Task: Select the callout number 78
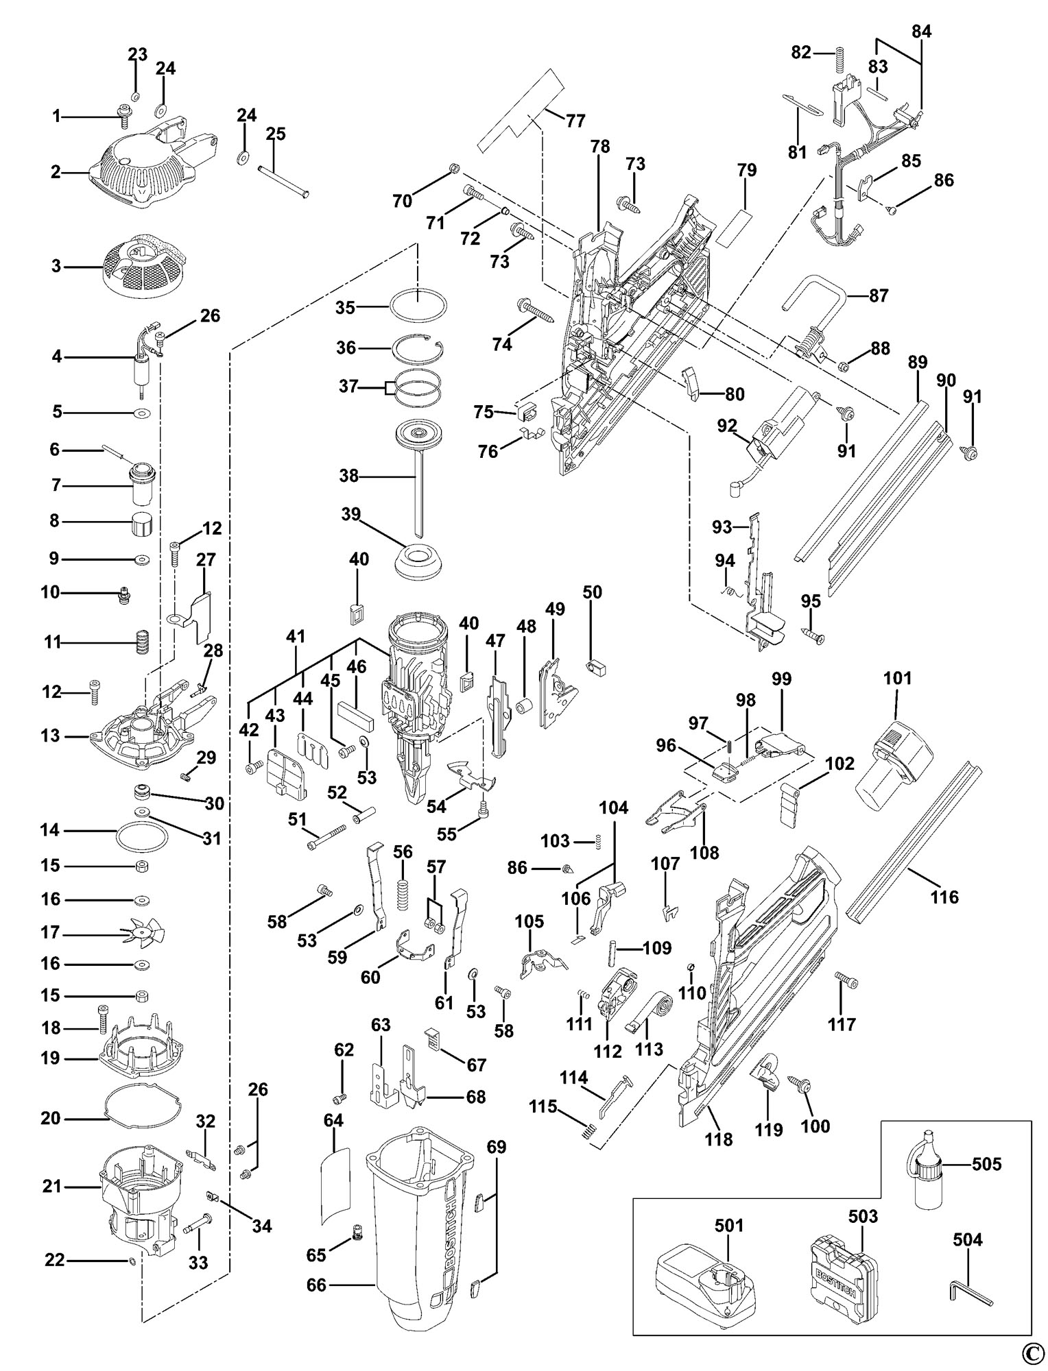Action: pos(599,147)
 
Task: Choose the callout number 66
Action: pos(316,1286)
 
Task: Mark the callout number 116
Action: pos(944,897)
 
